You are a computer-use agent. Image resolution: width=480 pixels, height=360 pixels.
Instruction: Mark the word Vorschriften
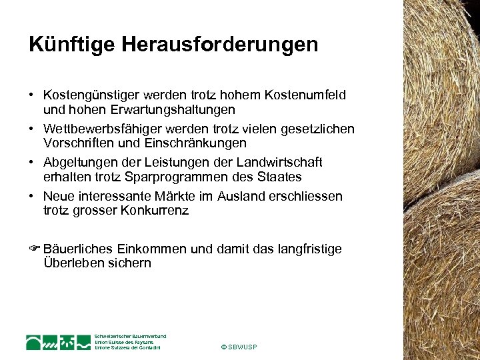point(78,143)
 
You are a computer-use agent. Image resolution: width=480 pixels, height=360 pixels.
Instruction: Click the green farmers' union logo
point(59,342)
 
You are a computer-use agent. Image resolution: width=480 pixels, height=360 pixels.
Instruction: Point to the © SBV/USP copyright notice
point(238,347)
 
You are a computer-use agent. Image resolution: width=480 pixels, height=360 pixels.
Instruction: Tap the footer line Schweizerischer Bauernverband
point(130,336)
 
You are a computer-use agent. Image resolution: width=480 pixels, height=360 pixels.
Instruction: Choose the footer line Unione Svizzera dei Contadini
point(128,348)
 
